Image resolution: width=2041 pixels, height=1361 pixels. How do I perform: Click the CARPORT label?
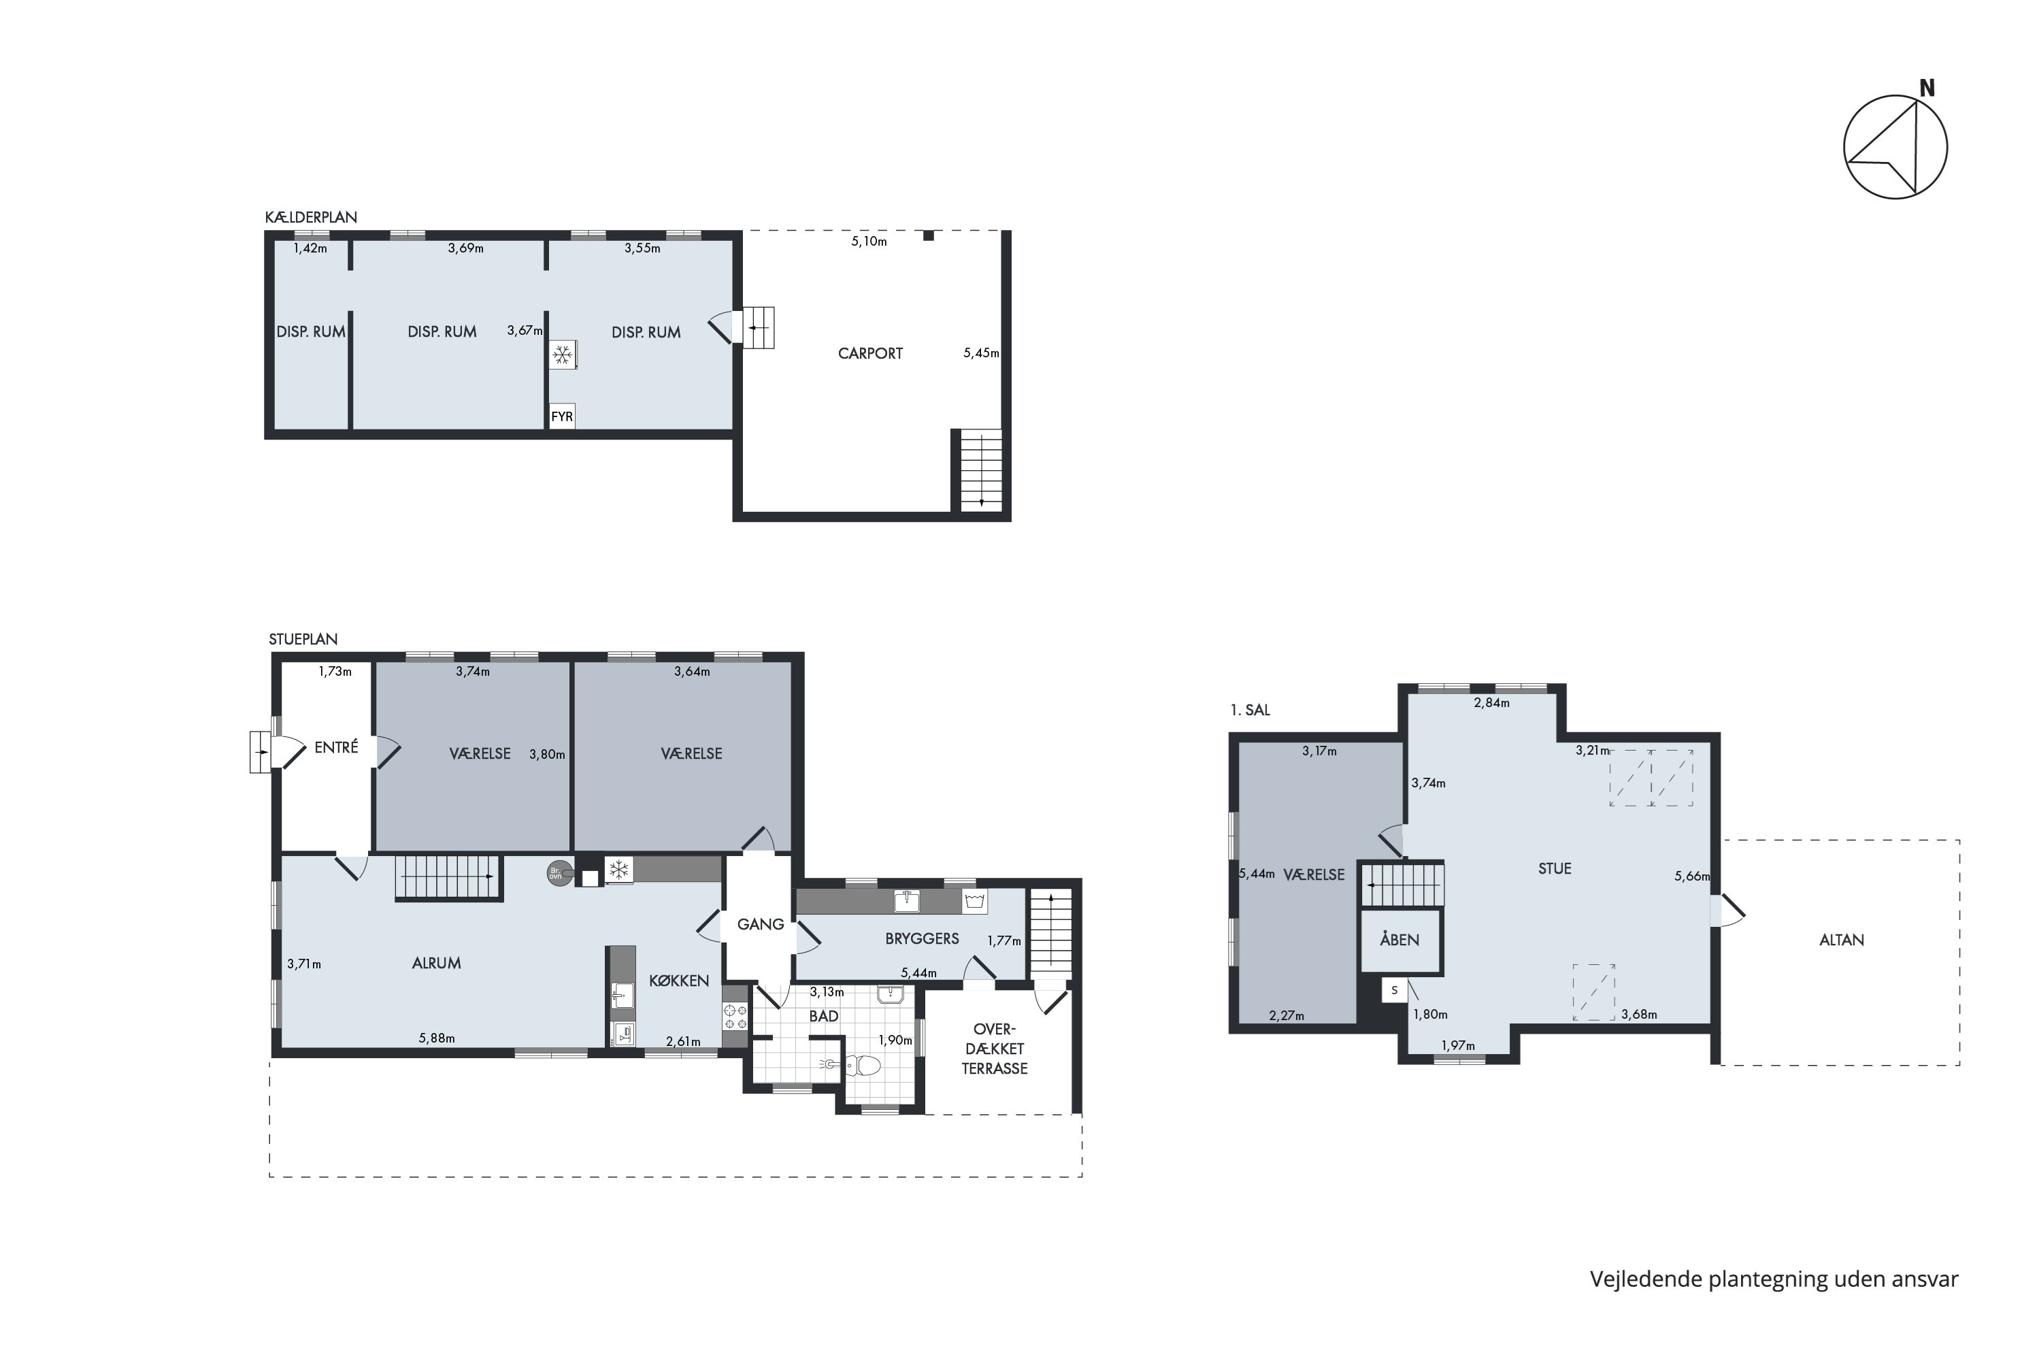870,354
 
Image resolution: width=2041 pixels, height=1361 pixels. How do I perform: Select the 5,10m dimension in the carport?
869,242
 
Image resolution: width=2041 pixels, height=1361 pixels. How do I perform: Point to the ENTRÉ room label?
336,747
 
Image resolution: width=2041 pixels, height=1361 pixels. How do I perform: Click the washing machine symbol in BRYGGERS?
974,901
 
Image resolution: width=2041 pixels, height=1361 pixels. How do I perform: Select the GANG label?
760,924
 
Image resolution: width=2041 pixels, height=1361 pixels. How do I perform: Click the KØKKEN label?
678,981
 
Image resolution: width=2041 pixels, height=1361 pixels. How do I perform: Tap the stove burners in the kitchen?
735,1017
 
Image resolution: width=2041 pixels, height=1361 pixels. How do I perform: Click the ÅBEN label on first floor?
1399,940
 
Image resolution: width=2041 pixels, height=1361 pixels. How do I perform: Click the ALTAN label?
1842,940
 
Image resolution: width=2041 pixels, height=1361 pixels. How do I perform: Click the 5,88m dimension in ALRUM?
437,1038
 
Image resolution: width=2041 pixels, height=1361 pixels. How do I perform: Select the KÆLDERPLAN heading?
311,217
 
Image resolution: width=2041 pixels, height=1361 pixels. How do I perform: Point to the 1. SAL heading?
1250,710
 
